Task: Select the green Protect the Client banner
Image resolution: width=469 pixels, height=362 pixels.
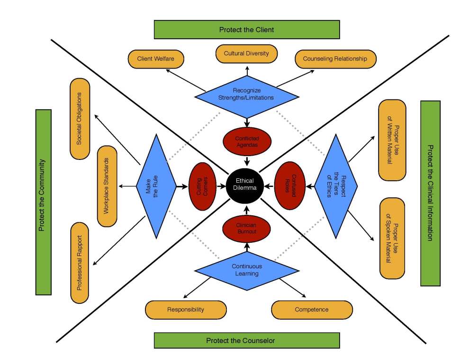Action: tap(246, 29)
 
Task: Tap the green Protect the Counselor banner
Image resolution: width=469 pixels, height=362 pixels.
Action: tap(246, 340)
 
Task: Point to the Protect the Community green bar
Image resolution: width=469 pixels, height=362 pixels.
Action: tap(43, 202)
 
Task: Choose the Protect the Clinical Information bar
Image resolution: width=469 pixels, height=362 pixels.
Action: tap(430, 193)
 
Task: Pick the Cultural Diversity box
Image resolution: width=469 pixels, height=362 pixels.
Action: tap(246, 53)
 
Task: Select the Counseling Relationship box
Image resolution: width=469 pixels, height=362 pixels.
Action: tap(335, 59)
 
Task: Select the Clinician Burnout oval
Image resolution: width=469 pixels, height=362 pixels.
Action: tap(246, 229)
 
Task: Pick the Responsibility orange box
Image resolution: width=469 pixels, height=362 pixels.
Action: tap(186, 310)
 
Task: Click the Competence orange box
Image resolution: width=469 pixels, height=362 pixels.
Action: tap(312, 310)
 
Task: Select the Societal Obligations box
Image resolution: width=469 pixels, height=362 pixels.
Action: tap(80, 119)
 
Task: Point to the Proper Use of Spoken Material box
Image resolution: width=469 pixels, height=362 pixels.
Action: tap(392, 238)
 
